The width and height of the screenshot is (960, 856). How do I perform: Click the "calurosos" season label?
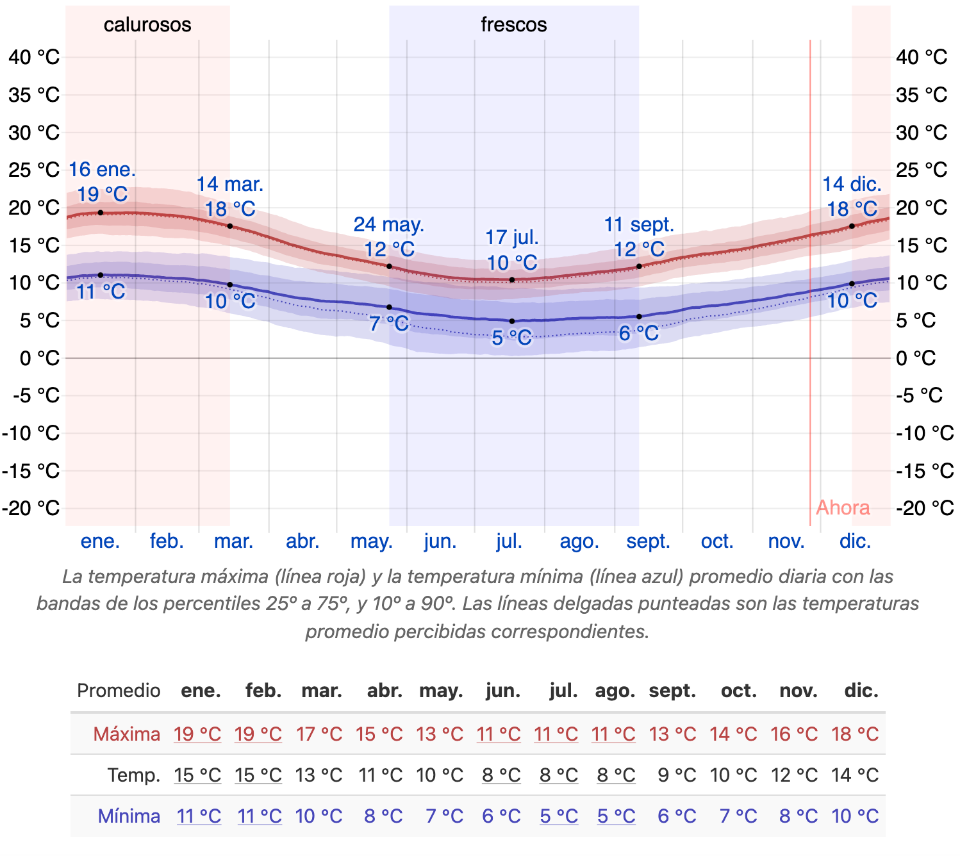pos(147,25)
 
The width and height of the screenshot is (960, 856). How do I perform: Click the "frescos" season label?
pos(514,25)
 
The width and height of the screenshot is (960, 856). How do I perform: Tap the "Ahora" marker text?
pos(843,507)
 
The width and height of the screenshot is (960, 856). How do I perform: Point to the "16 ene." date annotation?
pos(103,170)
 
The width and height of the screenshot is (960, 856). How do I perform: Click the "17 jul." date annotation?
pos(512,238)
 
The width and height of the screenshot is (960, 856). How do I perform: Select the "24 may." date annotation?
pos(389,225)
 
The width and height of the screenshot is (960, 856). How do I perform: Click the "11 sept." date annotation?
pos(639,225)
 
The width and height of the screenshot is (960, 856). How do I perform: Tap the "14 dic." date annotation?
pos(852,185)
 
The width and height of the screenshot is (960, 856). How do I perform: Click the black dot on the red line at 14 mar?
pos(230,226)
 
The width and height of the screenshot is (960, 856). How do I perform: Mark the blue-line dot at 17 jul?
pos(512,321)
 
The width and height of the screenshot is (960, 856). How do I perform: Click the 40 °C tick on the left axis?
pos(34,57)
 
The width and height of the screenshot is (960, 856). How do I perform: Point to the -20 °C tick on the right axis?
pos(925,508)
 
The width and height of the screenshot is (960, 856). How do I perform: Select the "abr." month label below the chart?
pos(302,541)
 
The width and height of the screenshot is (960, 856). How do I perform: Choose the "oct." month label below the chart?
pos(717,541)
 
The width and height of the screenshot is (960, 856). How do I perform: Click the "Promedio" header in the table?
pos(119,691)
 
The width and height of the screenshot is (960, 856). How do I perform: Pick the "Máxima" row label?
pos(127,734)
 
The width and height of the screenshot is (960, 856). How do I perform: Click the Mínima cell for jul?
pos(559,816)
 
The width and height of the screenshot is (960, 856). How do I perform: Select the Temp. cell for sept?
pos(677,775)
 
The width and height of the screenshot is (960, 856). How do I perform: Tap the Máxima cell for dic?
pos(855,734)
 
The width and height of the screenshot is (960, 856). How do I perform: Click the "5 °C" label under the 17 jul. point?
pos(512,338)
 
